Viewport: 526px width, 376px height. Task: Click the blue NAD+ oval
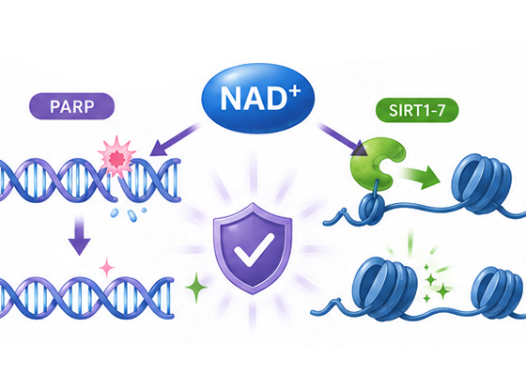click(x=257, y=99)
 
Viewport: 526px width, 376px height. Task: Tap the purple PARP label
click(x=71, y=106)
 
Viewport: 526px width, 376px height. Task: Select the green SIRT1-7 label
click(x=417, y=110)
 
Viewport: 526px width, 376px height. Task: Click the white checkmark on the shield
click(x=254, y=249)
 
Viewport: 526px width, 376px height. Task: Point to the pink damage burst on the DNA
click(x=116, y=157)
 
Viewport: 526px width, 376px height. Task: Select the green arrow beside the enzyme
click(x=421, y=175)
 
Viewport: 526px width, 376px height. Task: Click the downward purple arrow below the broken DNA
click(x=80, y=235)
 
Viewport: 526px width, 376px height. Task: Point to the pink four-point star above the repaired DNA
click(x=107, y=268)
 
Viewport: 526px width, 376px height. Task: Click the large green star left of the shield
click(x=196, y=287)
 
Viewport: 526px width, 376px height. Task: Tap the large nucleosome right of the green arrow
click(x=482, y=183)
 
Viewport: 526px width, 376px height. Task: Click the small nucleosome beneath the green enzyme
click(x=372, y=210)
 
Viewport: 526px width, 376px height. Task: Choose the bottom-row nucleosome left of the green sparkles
click(x=385, y=289)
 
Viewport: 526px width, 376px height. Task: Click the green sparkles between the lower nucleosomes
click(x=434, y=283)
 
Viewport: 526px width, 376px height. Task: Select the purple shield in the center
click(x=253, y=249)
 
